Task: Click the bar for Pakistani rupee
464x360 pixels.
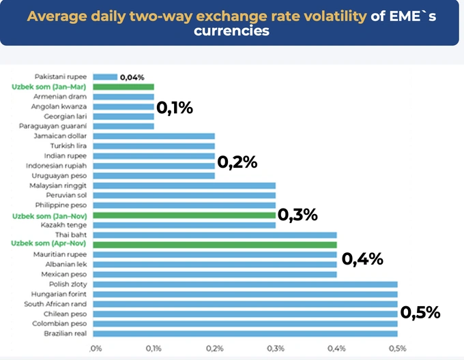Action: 105,77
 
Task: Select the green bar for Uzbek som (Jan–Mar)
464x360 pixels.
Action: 124,87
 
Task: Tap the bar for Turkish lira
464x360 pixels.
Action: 154,146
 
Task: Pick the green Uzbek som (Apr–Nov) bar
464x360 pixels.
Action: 214,244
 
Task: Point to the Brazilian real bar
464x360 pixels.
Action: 245,333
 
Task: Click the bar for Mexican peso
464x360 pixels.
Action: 214,274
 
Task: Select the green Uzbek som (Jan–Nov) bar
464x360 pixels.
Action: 184,215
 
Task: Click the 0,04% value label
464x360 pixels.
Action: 132,77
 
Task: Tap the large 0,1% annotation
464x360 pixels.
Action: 175,108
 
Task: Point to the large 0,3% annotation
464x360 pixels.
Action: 298,215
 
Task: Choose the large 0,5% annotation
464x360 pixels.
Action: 420,313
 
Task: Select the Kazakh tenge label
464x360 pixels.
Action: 63,224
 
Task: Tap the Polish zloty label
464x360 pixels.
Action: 68,284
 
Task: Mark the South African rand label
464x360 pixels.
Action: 55,303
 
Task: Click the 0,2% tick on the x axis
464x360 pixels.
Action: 214,348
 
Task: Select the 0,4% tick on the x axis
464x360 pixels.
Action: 336,348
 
